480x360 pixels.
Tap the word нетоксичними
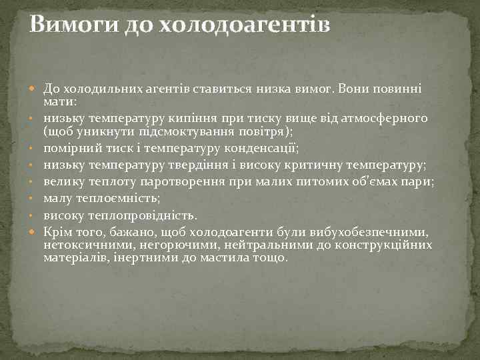tap(85, 245)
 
